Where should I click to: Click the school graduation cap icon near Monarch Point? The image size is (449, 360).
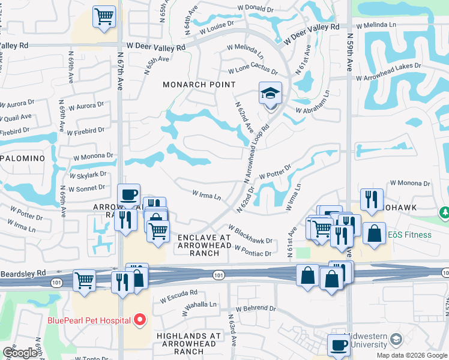click(270, 94)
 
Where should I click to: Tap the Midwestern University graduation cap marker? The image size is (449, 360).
click(396, 340)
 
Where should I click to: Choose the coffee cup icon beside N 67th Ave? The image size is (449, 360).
click(128, 195)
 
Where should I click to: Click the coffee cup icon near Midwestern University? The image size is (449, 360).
click(339, 346)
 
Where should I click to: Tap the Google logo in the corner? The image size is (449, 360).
click(20, 353)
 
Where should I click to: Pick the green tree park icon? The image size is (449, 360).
click(444, 213)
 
